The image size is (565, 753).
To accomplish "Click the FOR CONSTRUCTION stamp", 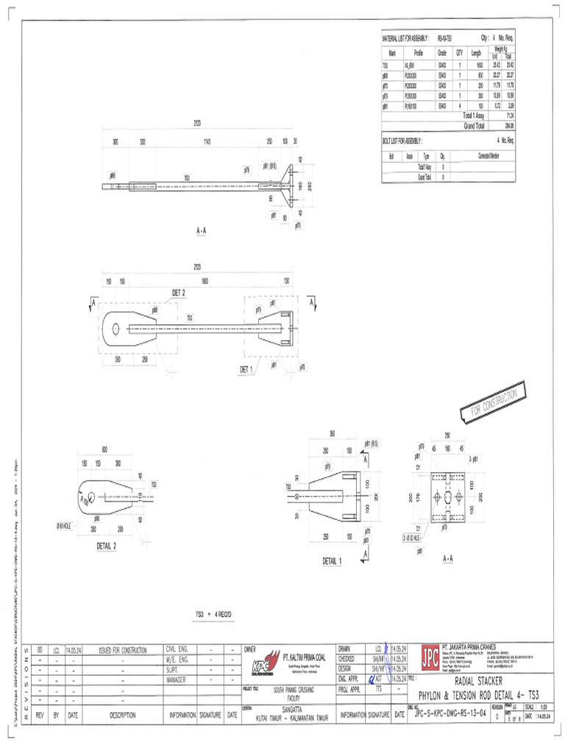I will point(494,403).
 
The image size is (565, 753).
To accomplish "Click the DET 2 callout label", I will point(178,293).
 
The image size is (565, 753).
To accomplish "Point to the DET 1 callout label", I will point(246,369).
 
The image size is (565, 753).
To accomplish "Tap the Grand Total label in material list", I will point(474,126).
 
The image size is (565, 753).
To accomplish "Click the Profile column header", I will point(419,53).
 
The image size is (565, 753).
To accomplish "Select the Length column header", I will point(476,53).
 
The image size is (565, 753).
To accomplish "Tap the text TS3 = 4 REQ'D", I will point(214,613).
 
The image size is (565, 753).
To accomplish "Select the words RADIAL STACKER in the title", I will point(478,681).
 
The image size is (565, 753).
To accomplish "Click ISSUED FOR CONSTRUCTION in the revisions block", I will point(123,650).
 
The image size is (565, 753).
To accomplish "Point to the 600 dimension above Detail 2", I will point(104,449).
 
